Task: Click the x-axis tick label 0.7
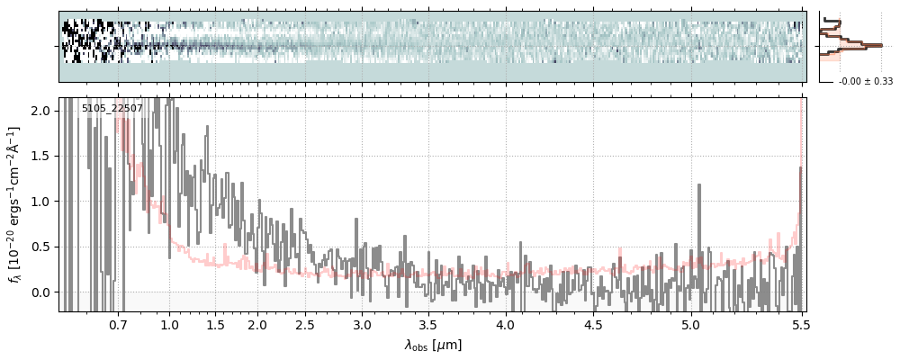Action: [118, 325]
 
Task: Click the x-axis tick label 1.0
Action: [169, 325]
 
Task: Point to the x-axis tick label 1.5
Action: [216, 325]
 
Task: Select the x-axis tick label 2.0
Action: [257, 325]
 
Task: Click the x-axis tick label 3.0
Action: [362, 325]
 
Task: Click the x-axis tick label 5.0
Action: [690, 325]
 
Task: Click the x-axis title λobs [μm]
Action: [433, 345]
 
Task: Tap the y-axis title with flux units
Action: [14, 204]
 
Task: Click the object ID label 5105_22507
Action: [112, 109]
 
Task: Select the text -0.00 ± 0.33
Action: [865, 82]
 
